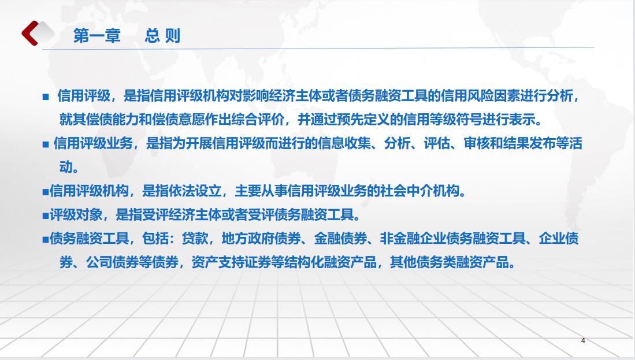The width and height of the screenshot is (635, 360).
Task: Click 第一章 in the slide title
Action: pos(97,36)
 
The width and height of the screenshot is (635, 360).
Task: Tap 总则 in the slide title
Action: pos(162,36)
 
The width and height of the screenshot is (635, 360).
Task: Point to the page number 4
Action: pos(583,341)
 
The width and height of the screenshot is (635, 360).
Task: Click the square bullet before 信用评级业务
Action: pos(45,144)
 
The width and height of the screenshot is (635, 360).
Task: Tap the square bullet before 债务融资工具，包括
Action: pos(45,239)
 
